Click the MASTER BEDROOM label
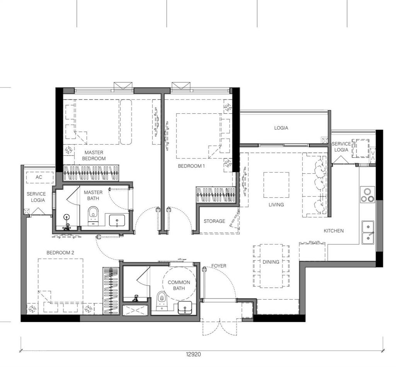click(x=94, y=155)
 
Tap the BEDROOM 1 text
click(x=191, y=166)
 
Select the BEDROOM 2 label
click(x=60, y=253)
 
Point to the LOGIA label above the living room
click(x=281, y=128)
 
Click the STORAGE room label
click(x=214, y=221)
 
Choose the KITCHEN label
click(x=333, y=230)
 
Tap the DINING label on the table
click(x=271, y=262)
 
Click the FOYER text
click(x=219, y=266)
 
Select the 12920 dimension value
click(x=193, y=354)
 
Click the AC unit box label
click(x=39, y=177)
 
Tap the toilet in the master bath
click(x=93, y=215)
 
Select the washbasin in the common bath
click(x=186, y=308)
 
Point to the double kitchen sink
click(x=368, y=232)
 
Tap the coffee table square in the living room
click(x=276, y=185)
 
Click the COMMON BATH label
click(x=179, y=285)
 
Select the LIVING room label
click(x=276, y=205)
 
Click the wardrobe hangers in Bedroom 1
click(x=216, y=193)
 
